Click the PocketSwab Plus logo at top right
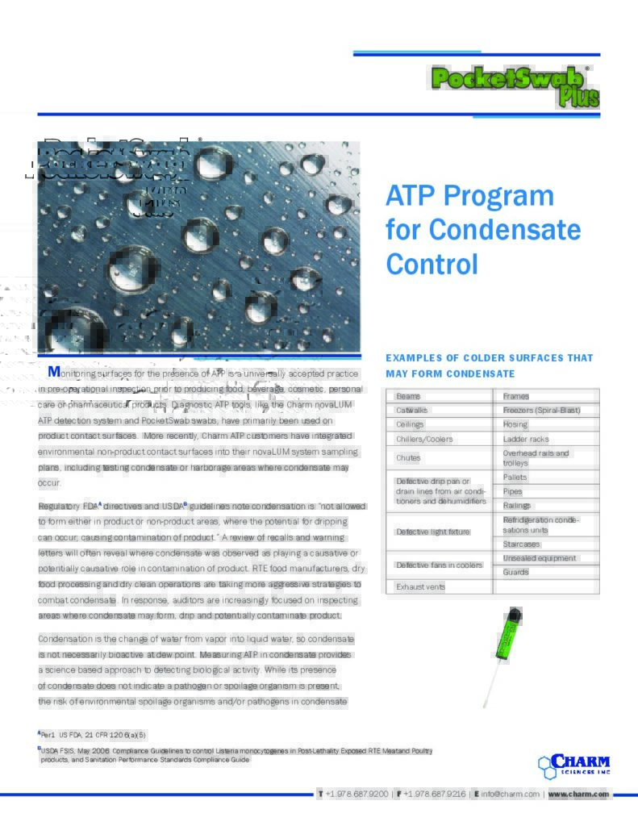[x=515, y=85]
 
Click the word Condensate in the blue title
[x=505, y=230]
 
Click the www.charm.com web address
[x=578, y=795]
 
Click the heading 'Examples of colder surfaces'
[x=489, y=357]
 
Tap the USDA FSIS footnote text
[x=234, y=755]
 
